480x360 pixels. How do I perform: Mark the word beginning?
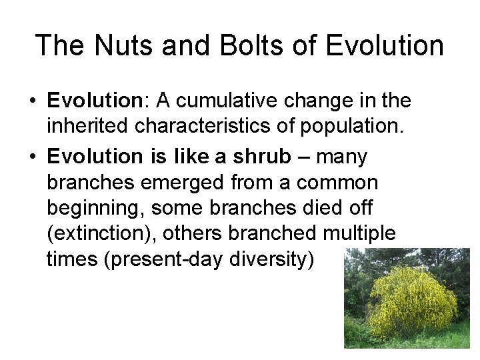point(95,208)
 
